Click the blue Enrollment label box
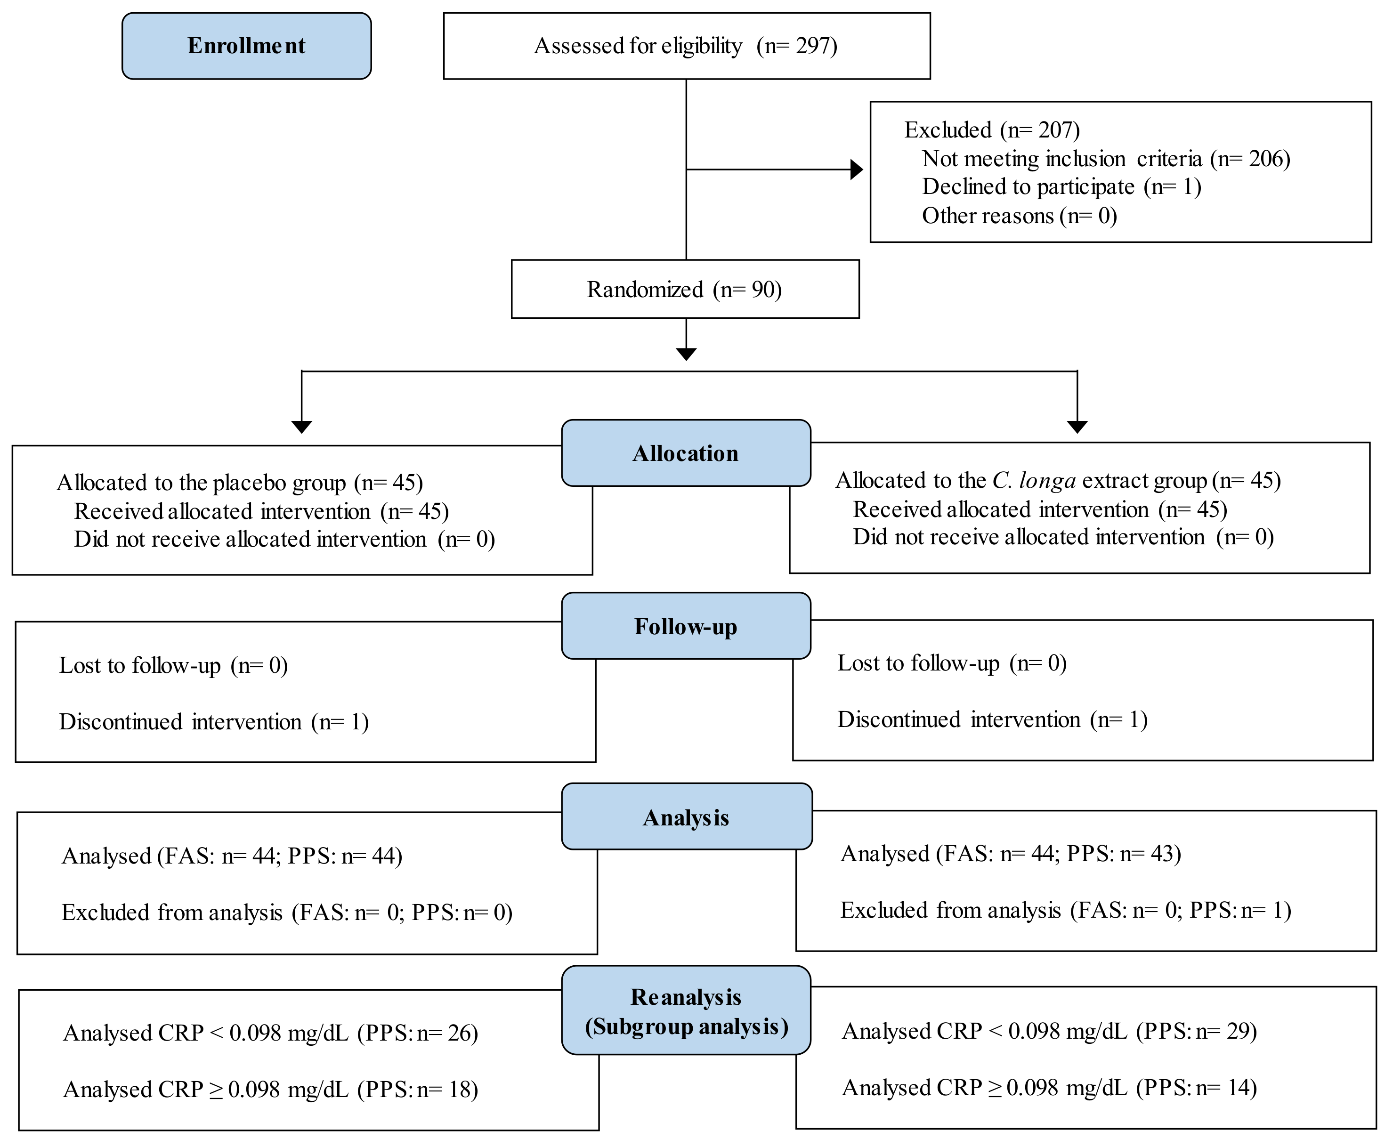246,46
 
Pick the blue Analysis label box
686,816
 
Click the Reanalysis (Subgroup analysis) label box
686,1011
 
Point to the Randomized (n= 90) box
685,290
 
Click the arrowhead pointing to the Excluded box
857,170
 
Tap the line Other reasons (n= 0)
1019,216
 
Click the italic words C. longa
1034,480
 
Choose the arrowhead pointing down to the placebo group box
301,427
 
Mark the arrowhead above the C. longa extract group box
1077,427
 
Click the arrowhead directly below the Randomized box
686,354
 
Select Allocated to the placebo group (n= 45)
239,483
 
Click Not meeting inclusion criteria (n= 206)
1106,159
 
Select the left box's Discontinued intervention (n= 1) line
213,721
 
